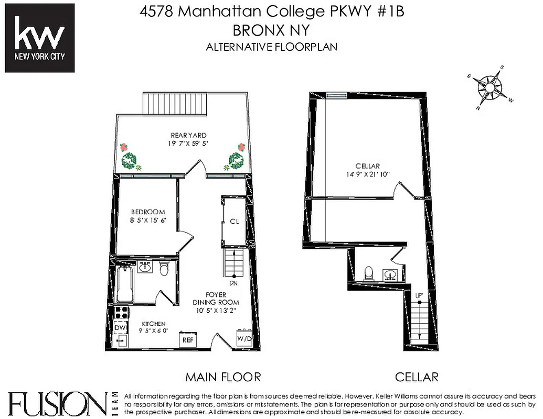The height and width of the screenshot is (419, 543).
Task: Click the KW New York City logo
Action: coord(39,38)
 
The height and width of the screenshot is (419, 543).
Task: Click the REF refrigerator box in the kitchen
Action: coord(188,339)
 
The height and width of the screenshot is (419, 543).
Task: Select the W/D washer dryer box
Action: coord(244,338)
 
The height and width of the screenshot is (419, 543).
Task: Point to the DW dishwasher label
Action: coord(120,328)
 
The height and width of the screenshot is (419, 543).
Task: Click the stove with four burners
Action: coord(121,313)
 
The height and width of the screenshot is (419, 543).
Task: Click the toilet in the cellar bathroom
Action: coord(369,273)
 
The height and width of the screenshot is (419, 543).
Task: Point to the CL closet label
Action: coord(235,221)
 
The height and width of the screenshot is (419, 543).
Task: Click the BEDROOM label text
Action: coord(148,212)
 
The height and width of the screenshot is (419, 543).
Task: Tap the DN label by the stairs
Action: coord(234,283)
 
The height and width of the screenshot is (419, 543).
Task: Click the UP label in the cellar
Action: coord(419,296)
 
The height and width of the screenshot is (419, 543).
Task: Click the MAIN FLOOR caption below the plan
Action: coord(223,377)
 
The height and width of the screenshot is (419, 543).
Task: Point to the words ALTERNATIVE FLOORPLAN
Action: coord(271,47)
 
